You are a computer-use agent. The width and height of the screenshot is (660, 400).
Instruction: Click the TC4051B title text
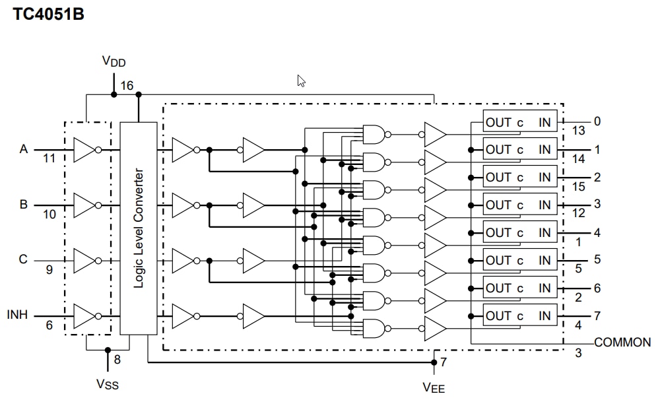[x=48, y=14]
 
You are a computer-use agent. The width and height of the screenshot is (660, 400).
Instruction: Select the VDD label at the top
[x=114, y=62]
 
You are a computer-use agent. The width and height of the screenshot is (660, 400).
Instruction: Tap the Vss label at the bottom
[x=108, y=384]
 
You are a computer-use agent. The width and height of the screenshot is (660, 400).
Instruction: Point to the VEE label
[x=434, y=387]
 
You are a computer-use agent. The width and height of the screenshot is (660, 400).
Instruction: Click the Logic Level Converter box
[x=139, y=228]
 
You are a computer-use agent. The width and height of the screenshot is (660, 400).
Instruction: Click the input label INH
[x=18, y=315]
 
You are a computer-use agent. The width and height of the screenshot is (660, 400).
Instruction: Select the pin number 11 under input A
[x=49, y=159]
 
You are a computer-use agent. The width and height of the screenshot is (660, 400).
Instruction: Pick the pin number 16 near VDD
[x=126, y=86]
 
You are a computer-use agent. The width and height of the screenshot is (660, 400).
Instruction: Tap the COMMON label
[x=622, y=343]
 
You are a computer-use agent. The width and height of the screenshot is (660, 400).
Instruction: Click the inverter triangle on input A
[x=84, y=150]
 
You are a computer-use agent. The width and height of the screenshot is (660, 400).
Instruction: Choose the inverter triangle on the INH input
[x=84, y=316]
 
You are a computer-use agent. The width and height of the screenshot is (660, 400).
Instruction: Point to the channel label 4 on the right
[x=597, y=232]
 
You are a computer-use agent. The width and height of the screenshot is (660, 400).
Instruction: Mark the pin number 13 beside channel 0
[x=578, y=131]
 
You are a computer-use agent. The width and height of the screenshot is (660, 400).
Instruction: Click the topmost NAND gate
[x=374, y=135]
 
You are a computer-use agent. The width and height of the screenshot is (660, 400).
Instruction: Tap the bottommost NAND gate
[x=374, y=328]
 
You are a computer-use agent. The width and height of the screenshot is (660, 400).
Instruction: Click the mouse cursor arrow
[x=301, y=81]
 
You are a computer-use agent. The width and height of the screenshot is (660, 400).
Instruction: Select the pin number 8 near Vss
[x=118, y=360]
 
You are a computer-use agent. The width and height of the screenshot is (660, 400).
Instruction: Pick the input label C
[x=23, y=259]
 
